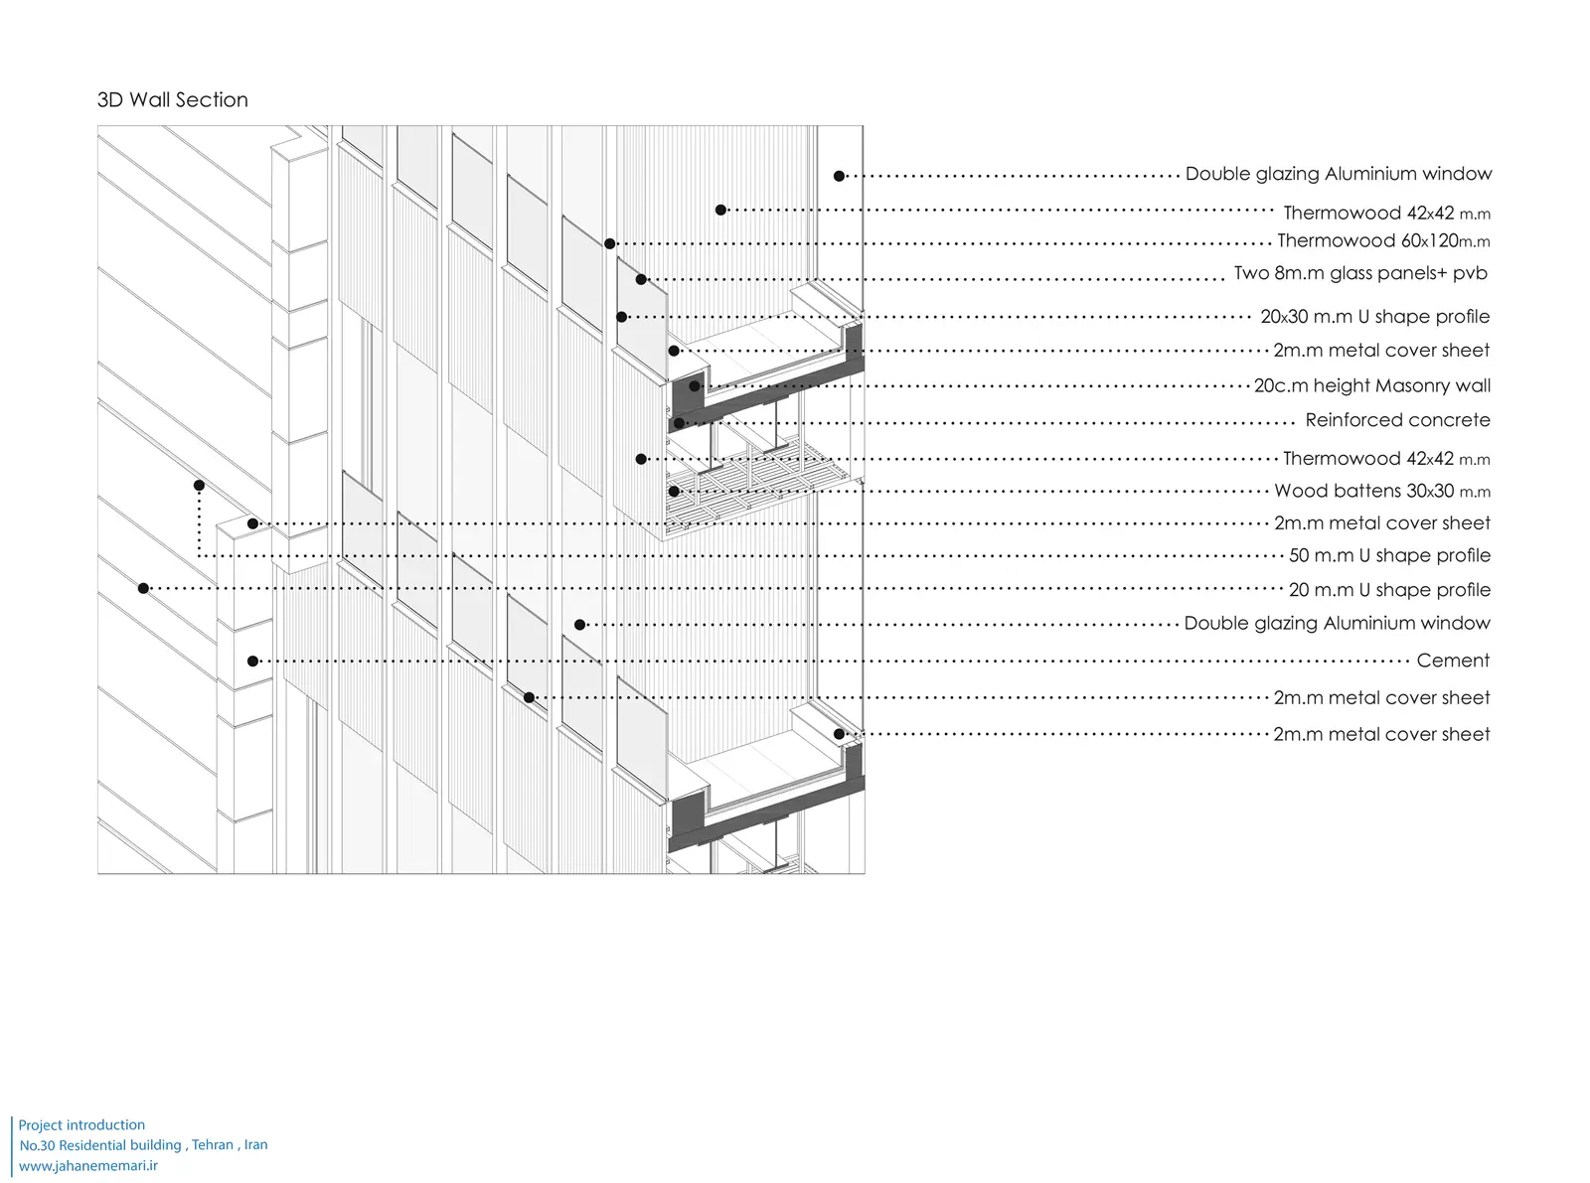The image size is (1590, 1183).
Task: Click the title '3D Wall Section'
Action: click(173, 100)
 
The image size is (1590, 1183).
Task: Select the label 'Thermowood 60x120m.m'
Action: click(1382, 240)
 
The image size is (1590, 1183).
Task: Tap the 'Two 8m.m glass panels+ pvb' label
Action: click(1359, 273)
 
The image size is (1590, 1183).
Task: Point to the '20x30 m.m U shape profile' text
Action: click(1374, 317)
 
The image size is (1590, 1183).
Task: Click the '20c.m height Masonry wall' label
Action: click(1371, 385)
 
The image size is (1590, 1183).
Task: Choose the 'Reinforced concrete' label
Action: click(1397, 420)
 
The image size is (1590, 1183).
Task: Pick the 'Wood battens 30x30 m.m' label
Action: click(1381, 491)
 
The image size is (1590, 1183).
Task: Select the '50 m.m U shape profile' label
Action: click(1389, 555)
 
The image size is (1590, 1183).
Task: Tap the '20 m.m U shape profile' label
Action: click(1389, 590)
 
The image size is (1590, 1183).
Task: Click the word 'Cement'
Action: click(1453, 661)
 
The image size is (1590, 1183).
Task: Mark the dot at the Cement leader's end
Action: click(253, 662)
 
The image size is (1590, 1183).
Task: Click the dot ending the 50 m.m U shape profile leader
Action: click(200, 486)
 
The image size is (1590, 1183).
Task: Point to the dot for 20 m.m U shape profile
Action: click(144, 589)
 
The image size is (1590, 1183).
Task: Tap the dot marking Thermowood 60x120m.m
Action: click(610, 243)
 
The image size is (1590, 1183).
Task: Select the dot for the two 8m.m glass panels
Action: click(642, 280)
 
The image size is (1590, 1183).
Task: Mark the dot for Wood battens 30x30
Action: click(674, 492)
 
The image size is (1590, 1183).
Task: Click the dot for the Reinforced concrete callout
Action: click(680, 423)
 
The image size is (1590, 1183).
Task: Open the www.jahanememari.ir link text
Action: click(88, 1166)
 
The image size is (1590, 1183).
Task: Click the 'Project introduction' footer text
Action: click(81, 1125)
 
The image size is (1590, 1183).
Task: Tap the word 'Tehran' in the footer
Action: click(213, 1145)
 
